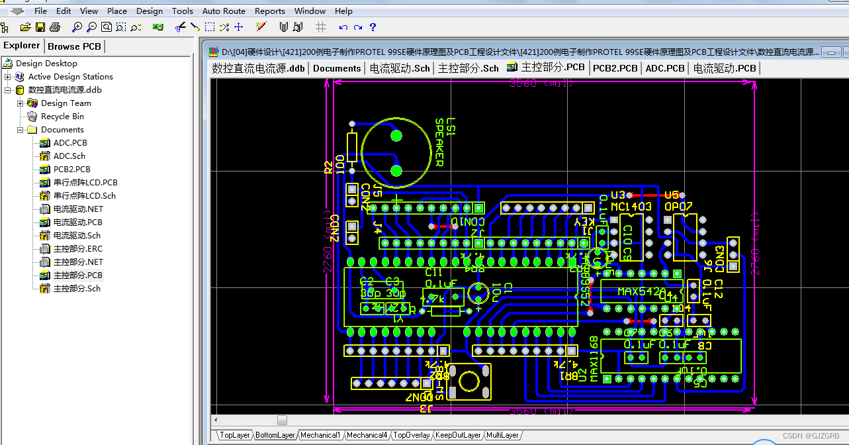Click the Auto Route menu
pyautogui.click(x=224, y=11)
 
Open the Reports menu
pyautogui.click(x=270, y=11)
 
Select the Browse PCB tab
pyautogui.click(x=74, y=46)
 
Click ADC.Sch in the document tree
pyautogui.click(x=69, y=156)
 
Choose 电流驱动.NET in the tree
pyautogui.click(x=78, y=209)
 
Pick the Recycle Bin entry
pyautogui.click(x=62, y=117)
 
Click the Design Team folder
pyautogui.click(x=66, y=103)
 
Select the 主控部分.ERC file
pyautogui.click(x=78, y=249)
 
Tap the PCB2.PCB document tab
pyautogui.click(x=615, y=68)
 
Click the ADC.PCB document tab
pyautogui.click(x=664, y=68)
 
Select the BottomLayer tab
pyautogui.click(x=275, y=435)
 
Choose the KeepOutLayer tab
pyautogui.click(x=458, y=435)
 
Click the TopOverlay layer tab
pyautogui.click(x=412, y=435)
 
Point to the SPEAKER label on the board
pyautogui.click(x=438, y=142)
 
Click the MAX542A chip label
pyautogui.click(x=641, y=291)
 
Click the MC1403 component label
pyautogui.click(x=631, y=207)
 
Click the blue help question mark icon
pyautogui.click(x=373, y=27)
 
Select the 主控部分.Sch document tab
pyautogui.click(x=468, y=68)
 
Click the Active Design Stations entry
pyautogui.click(x=70, y=77)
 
